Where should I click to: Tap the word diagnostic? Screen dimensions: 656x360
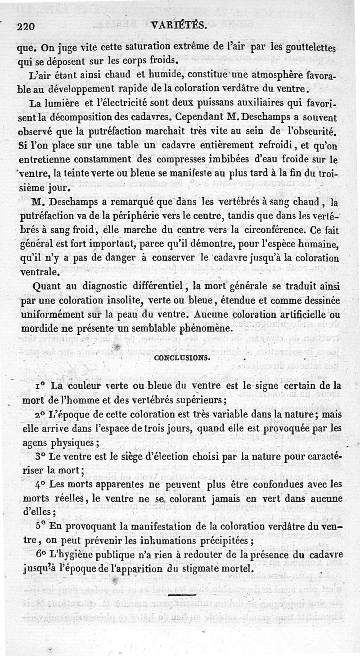tap(107, 286)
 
